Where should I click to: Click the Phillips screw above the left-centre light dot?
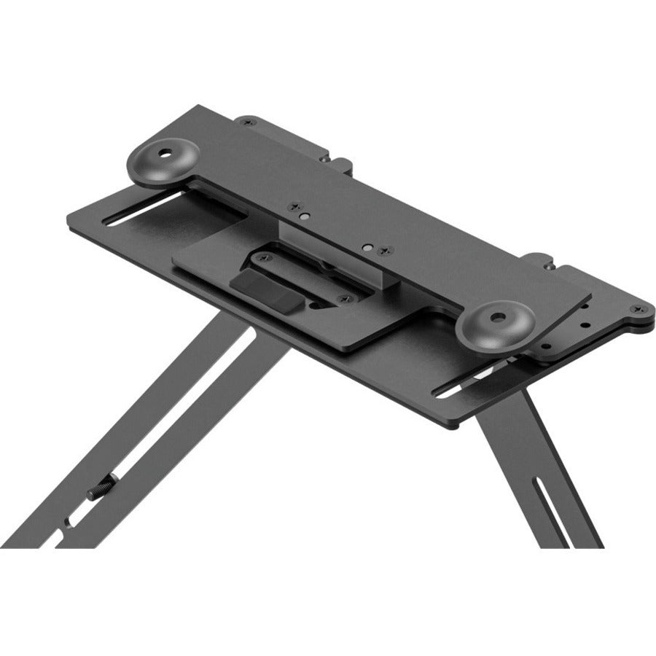click(294, 205)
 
